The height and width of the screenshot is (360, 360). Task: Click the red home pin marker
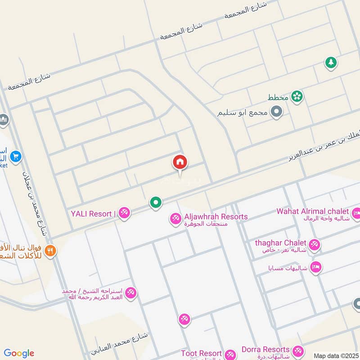click(x=180, y=162)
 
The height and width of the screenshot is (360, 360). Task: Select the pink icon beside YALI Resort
click(x=124, y=213)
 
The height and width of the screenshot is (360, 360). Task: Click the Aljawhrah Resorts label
click(x=215, y=216)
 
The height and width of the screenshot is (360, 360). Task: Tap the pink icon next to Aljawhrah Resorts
click(x=175, y=219)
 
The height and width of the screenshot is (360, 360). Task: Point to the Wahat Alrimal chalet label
click(x=313, y=211)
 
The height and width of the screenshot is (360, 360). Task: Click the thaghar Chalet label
click(x=280, y=243)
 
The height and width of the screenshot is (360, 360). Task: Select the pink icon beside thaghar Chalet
click(x=315, y=245)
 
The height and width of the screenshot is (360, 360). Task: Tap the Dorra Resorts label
click(x=265, y=349)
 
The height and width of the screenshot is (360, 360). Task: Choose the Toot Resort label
click(x=201, y=353)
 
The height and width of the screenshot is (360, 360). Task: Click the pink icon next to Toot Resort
click(x=230, y=355)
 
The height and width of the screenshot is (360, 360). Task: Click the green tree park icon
click(x=331, y=63)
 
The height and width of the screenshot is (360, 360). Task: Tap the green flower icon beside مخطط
click(x=297, y=96)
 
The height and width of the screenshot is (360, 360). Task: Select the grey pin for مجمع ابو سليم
click(x=276, y=112)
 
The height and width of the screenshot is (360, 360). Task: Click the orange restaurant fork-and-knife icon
click(x=50, y=250)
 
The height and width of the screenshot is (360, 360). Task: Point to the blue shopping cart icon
click(x=16, y=156)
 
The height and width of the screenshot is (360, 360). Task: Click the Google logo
click(x=19, y=353)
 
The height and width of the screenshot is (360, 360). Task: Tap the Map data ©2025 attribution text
click(x=336, y=355)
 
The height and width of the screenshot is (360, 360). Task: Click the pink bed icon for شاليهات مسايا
click(x=316, y=267)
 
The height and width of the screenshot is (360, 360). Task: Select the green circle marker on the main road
click(x=156, y=203)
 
